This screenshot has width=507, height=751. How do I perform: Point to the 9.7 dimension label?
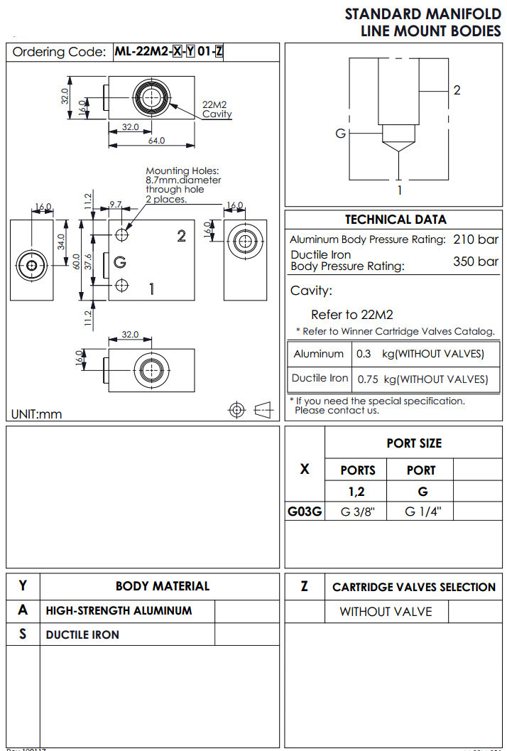[x=115, y=205]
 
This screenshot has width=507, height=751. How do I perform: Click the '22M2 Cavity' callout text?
[x=217, y=109]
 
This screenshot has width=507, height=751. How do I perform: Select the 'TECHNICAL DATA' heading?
[x=396, y=220]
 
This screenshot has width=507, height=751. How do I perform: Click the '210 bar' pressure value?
[x=476, y=239]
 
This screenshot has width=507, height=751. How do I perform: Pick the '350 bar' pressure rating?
[x=476, y=261]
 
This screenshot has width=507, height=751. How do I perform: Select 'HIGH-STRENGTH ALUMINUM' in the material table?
[x=119, y=610]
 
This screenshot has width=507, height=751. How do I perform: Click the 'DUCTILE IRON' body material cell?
[x=82, y=634]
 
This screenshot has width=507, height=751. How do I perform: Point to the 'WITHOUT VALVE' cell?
[x=385, y=611]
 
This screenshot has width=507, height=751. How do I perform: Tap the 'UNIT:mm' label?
[x=36, y=414]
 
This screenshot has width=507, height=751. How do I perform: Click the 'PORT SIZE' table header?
[x=414, y=443]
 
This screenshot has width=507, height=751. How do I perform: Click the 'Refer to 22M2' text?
[x=352, y=315]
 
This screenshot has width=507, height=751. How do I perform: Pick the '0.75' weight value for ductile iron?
[x=368, y=379]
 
